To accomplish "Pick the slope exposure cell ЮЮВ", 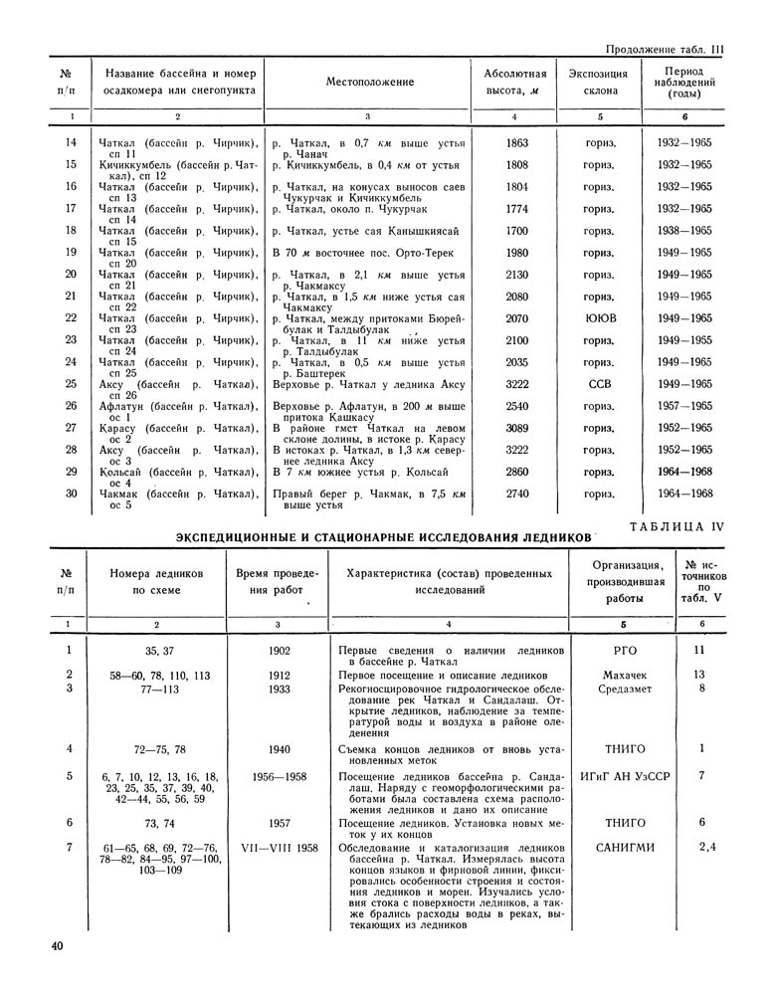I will pyautogui.click(x=598, y=318).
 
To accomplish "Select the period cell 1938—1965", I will pyautogui.click(x=684, y=231).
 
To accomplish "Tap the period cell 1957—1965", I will pyautogui.click(x=684, y=406).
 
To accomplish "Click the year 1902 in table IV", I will pyautogui.click(x=279, y=651).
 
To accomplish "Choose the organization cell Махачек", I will pyautogui.click(x=625, y=674).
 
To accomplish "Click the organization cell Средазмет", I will pyautogui.click(x=624, y=689).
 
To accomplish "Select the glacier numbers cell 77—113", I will pyautogui.click(x=160, y=689).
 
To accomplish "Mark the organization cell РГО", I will pyautogui.click(x=625, y=651).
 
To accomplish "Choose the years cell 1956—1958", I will pyautogui.click(x=279, y=774).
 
